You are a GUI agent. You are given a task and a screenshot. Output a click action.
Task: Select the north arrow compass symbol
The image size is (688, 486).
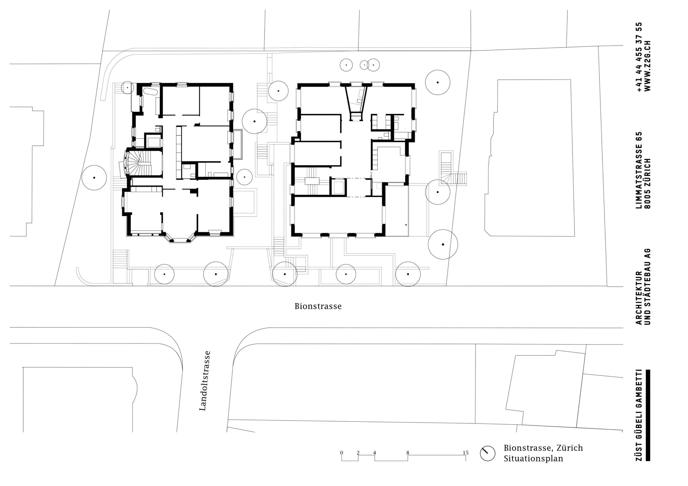488,453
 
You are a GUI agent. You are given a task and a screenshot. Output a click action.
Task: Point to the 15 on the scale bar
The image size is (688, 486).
465,453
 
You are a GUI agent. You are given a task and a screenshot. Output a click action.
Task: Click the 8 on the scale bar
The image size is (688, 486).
408,453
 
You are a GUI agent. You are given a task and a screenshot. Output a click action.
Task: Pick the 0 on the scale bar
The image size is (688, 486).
342,453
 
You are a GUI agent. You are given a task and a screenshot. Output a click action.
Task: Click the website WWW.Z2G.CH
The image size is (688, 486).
647,66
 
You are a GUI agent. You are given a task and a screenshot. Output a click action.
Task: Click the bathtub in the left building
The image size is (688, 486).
150,91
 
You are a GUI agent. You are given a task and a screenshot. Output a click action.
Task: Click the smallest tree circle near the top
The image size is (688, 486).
364,65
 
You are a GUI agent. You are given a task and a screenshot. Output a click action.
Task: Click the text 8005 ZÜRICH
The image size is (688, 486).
647,183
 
